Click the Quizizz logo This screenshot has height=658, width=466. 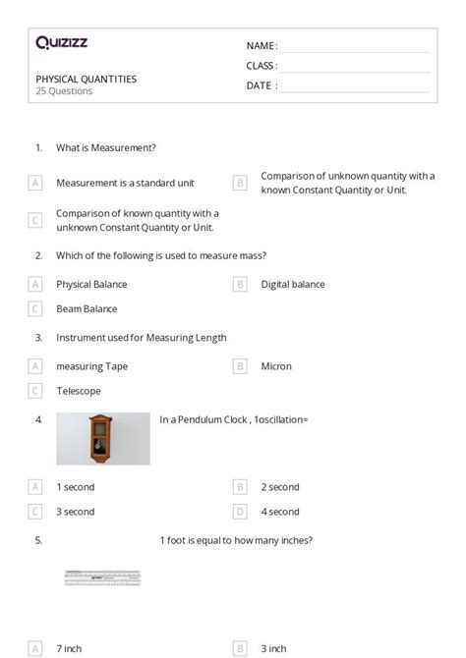pos(61,43)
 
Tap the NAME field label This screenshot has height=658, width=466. pos(262,46)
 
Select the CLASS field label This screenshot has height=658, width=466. pos(262,66)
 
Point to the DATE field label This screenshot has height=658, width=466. pos(261,85)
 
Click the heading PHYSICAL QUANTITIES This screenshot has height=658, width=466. pos(87,79)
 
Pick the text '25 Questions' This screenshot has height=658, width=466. pos(64,91)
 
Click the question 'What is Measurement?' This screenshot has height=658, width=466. pos(106,147)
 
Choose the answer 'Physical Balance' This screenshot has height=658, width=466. pos(91,285)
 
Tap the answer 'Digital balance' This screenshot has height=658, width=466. pos(293,285)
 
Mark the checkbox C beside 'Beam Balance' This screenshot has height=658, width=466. pos(35,308)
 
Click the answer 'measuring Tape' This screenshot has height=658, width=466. pos(91,366)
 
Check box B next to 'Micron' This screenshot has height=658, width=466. pos(240,366)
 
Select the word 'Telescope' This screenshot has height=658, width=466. pos(79,391)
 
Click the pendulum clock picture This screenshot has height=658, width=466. pos(102,438)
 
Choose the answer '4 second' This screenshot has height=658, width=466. pos(280,512)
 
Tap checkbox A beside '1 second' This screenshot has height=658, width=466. pos(35,487)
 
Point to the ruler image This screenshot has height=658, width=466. pos(103,578)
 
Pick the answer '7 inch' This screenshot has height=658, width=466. pos(70,648)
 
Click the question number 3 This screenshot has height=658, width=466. pos(38,337)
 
